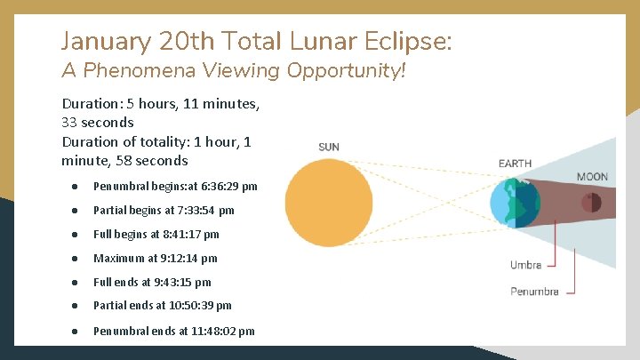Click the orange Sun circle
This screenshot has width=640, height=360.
328,203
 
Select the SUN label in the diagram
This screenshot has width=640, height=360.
328,147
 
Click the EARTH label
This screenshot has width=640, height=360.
515,164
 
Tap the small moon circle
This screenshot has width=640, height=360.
591,204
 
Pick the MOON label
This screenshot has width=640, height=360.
592,177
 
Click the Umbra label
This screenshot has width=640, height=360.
525,264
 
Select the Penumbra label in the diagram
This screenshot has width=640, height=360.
534,291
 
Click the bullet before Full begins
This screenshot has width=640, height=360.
76,235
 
